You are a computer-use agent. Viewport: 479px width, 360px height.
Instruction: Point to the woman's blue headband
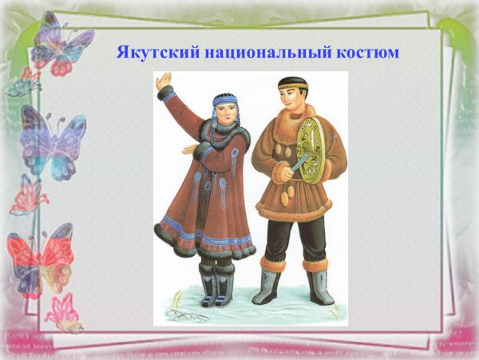224,99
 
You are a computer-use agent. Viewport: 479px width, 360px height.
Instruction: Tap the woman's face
224,112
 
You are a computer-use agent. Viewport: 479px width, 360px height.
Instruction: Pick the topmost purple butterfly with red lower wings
60,44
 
